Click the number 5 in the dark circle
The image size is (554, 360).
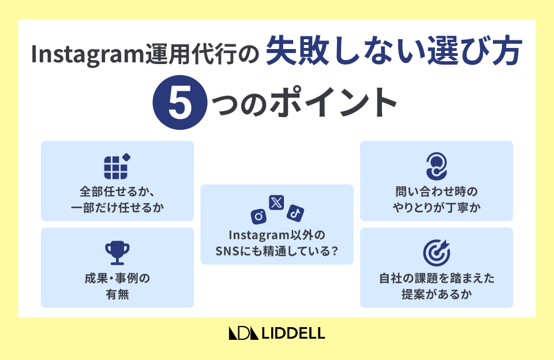coord(180,103)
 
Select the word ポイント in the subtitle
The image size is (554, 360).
coord(336,103)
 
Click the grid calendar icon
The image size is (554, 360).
coord(117,166)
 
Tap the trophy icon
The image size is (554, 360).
coord(117,253)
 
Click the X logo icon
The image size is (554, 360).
coord(276,202)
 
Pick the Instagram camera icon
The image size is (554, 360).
coord(259,216)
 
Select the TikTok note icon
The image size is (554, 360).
coord(295,213)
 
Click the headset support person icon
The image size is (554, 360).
coord(436,166)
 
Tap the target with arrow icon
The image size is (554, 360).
coord(437,253)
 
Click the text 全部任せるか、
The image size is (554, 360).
coord(117,192)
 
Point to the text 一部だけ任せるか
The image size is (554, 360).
coord(117,207)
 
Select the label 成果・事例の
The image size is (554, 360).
coord(117,279)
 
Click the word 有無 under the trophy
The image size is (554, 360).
coord(117,294)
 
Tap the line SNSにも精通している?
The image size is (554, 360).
coord(277,251)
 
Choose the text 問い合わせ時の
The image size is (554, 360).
coord(437,192)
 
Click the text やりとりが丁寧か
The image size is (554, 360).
coord(437,207)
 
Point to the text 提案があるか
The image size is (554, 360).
coord(437,294)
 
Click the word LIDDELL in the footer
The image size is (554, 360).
coord(293,333)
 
